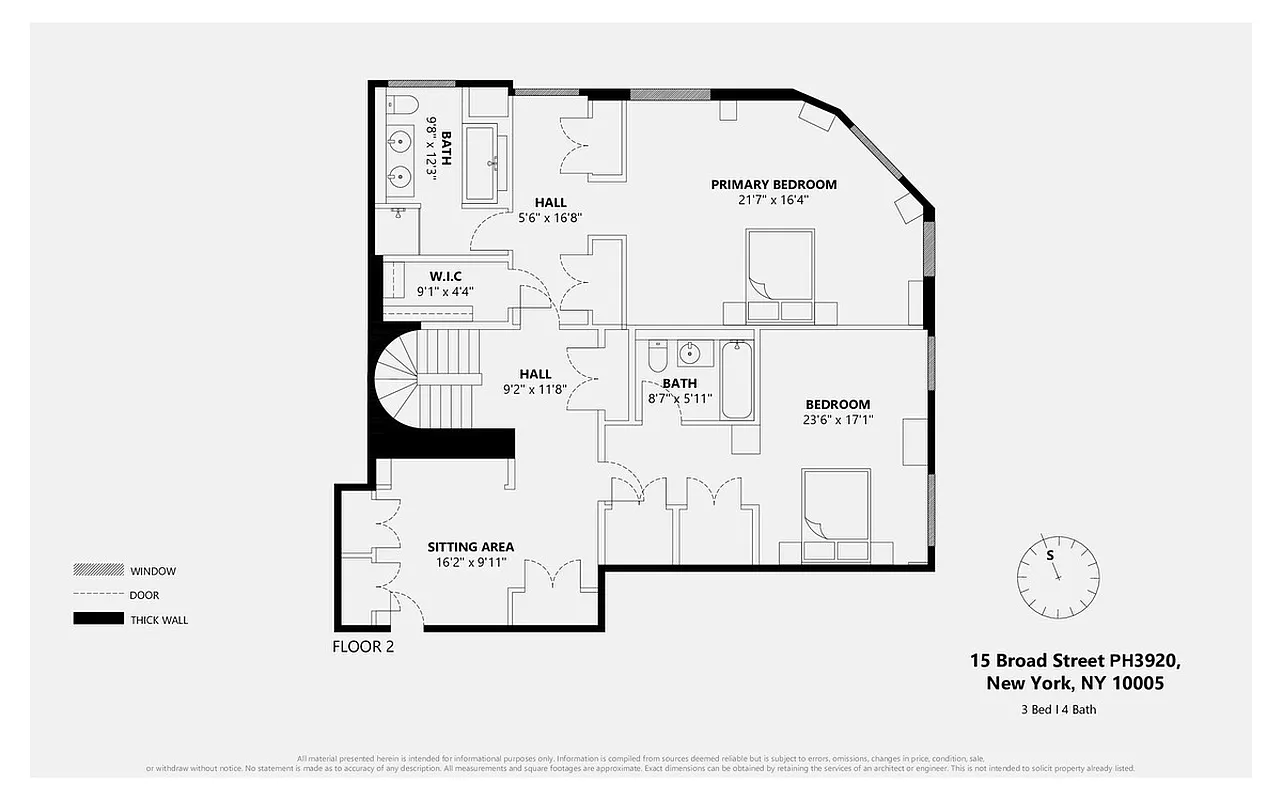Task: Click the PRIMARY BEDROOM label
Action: (x=773, y=184)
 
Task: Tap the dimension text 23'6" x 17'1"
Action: (x=838, y=420)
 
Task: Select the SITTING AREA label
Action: (x=470, y=547)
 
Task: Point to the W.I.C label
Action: (x=445, y=276)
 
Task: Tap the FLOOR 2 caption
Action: (x=363, y=647)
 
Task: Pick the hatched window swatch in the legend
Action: (x=96, y=571)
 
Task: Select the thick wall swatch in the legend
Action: (x=96, y=619)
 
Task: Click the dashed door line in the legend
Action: (x=96, y=595)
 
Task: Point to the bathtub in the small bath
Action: (x=738, y=380)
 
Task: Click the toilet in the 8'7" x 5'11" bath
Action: (x=657, y=355)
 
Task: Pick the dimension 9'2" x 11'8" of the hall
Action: (x=535, y=390)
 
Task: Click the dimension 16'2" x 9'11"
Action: (x=471, y=563)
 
